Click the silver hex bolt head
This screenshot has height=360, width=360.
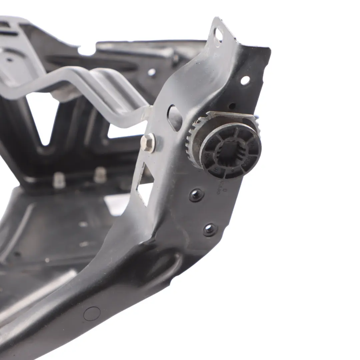(147, 143)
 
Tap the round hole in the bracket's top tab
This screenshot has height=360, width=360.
(219, 34)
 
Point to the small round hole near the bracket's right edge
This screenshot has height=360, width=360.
(245, 80)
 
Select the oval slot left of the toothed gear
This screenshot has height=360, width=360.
(174, 118)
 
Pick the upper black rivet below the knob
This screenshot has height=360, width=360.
(196, 195)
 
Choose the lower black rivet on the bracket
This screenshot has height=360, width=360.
(210, 229)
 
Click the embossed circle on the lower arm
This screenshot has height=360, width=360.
(92, 314)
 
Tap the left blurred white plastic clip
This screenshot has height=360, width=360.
(59, 180)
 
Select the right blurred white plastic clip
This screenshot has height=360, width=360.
(100, 175)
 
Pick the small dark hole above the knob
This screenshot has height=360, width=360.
(232, 106)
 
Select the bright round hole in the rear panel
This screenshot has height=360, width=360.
(152, 72)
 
